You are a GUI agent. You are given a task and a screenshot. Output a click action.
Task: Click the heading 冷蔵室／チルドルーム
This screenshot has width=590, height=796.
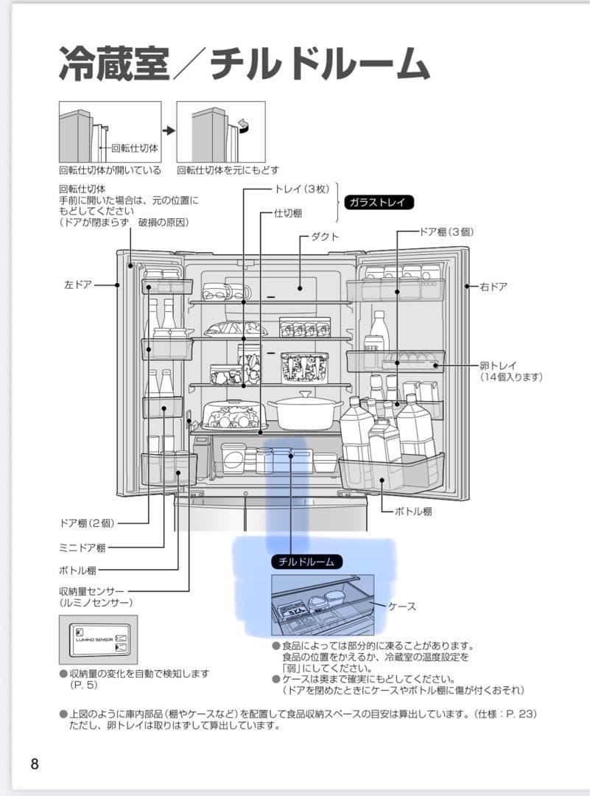(x=243, y=66)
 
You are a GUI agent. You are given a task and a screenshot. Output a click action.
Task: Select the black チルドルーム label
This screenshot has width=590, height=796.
(x=306, y=562)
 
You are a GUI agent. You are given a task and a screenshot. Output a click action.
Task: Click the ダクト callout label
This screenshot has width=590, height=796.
(x=325, y=237)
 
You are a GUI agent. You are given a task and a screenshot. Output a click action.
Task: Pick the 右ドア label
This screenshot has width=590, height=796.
(x=493, y=286)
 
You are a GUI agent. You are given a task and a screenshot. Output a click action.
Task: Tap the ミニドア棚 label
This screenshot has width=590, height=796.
(x=82, y=547)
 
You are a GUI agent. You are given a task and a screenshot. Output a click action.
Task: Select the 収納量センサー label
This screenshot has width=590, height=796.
(x=92, y=591)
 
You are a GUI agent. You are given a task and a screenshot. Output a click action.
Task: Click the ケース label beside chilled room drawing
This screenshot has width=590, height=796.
(x=402, y=606)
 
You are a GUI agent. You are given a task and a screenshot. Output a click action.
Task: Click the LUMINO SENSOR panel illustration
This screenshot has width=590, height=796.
(x=99, y=638)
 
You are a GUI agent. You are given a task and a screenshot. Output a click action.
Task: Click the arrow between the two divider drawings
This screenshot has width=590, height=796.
(x=169, y=130)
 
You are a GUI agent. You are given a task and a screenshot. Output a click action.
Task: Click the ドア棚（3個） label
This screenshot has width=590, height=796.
(x=446, y=231)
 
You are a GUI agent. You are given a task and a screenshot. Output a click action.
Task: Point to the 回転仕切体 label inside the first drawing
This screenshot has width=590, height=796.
(x=135, y=148)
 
